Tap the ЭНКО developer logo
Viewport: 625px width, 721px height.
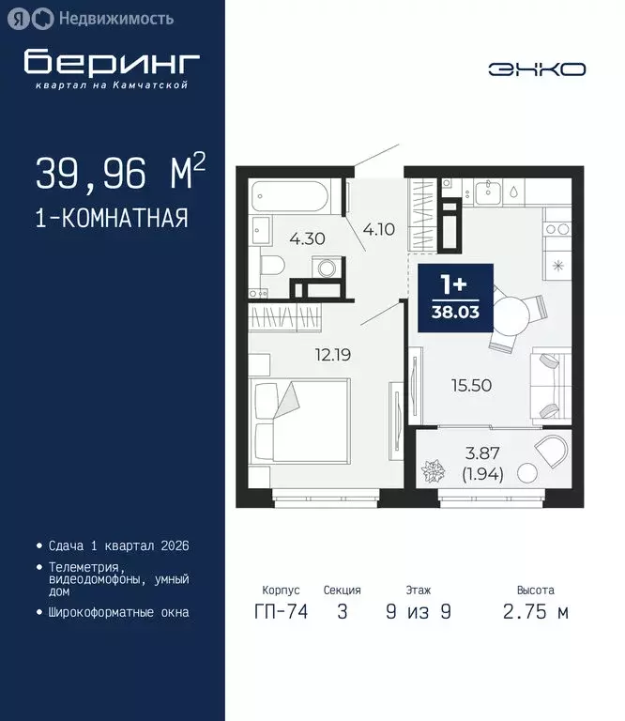(537, 69)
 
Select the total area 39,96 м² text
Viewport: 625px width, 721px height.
(120, 173)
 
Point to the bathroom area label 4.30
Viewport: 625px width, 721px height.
(307, 238)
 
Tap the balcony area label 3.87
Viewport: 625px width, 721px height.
(482, 453)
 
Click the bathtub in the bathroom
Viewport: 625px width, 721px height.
(290, 196)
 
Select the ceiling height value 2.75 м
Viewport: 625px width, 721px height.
(536, 613)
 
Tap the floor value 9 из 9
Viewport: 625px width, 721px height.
(419, 613)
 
